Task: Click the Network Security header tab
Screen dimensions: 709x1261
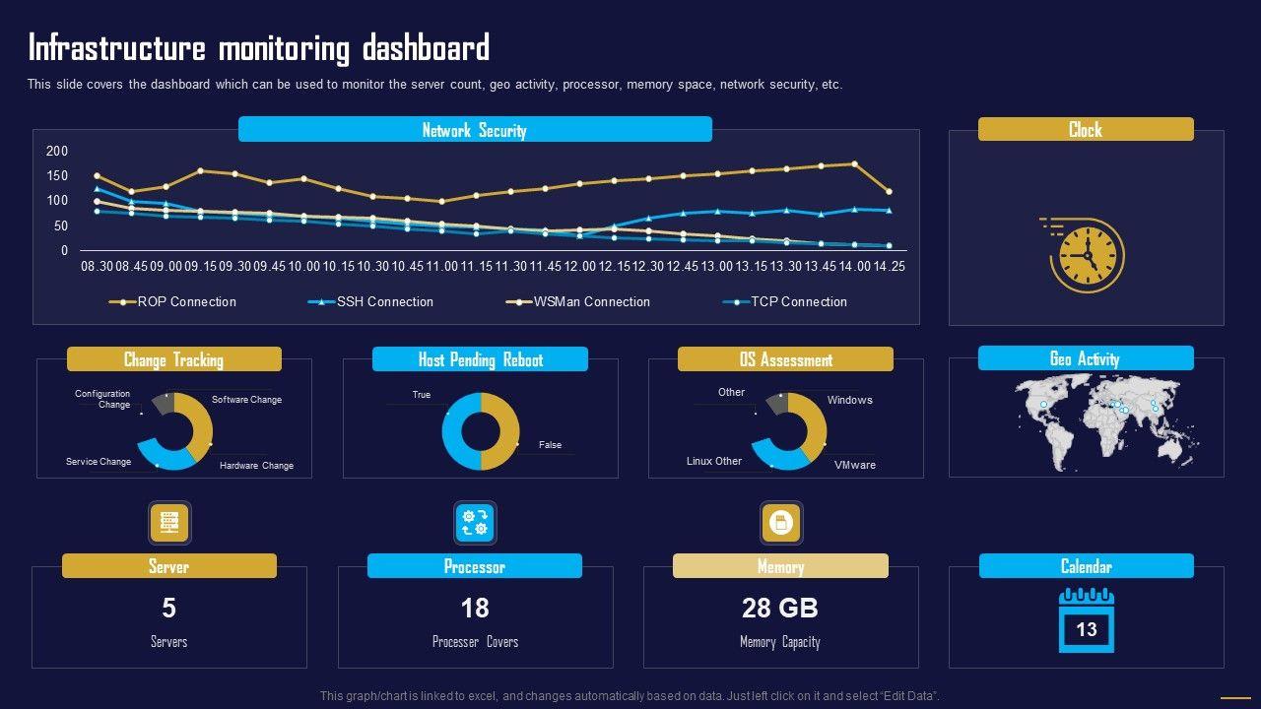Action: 475,130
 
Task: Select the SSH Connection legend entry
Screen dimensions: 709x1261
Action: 384,302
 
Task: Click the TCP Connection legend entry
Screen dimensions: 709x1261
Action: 798,302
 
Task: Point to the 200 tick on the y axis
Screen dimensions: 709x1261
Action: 57,151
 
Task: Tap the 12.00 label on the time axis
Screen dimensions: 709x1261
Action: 580,267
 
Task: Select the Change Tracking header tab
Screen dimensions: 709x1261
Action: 173,359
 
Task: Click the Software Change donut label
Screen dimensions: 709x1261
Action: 246,400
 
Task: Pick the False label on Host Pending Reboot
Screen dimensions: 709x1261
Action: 550,445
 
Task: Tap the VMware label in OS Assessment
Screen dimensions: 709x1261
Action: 854,465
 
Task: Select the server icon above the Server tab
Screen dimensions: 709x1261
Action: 168,523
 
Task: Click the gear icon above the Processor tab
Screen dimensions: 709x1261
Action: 475,523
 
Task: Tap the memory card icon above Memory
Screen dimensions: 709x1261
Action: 780,523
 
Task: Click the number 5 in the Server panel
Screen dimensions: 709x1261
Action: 168,609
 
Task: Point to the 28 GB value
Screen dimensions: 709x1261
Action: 779,609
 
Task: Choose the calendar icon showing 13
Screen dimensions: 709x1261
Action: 1086,620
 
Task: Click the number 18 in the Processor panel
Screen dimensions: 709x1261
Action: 475,609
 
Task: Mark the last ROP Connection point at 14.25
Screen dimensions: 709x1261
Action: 889,192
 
